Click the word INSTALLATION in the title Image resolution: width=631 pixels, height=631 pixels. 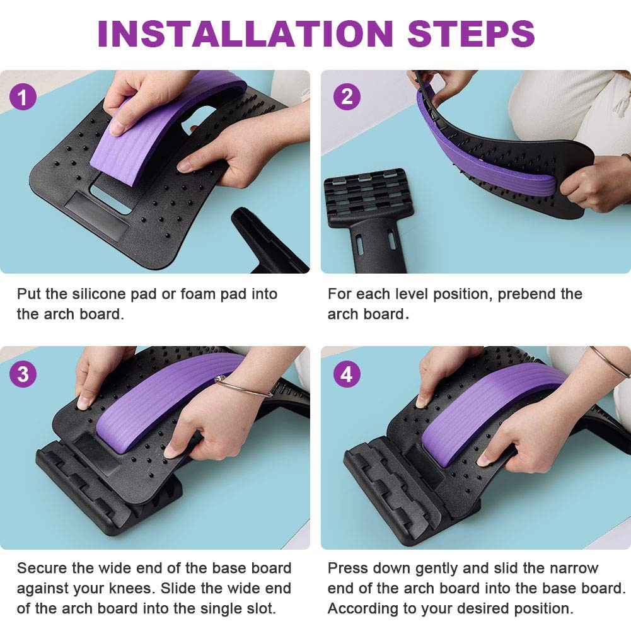tap(245, 33)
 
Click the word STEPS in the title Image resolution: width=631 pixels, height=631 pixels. tap(472, 33)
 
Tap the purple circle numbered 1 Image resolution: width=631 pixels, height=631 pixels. tap(23, 97)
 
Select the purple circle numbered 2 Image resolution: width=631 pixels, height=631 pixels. tap(347, 96)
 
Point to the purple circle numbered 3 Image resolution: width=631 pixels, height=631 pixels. tap(23, 374)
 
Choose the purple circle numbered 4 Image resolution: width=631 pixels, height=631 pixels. tap(347, 374)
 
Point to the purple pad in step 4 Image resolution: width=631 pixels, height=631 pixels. tap(491, 415)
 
